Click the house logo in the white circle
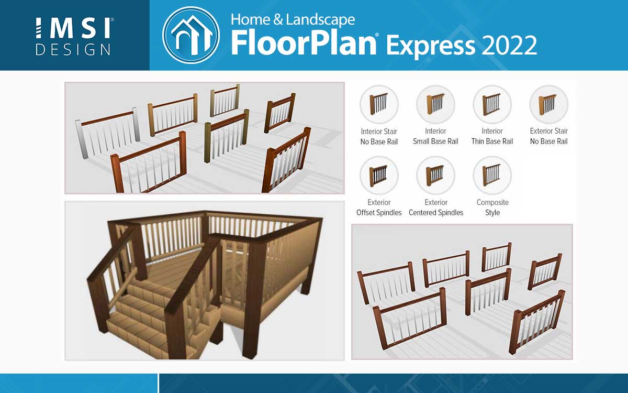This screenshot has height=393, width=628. tap(191, 35)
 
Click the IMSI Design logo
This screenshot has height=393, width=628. tap(74, 37)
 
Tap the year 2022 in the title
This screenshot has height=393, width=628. tap(509, 46)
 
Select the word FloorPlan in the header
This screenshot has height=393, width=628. tap(304, 42)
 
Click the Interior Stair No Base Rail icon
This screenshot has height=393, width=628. tap(379, 104)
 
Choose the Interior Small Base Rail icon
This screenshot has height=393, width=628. tap(435, 104)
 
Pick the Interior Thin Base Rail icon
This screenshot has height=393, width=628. tap(492, 104)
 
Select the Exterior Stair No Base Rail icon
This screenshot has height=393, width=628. tap(549, 104)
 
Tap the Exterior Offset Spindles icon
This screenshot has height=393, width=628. tap(379, 176)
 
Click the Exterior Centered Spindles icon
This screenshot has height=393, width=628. tap(435, 176)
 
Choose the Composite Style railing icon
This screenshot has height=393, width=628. tap(492, 176)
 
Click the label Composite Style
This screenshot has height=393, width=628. tap(492, 208)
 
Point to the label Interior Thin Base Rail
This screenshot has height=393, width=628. tap(492, 136)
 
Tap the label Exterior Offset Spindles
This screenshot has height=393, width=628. tap(379, 208)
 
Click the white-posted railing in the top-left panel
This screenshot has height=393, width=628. tap(108, 132)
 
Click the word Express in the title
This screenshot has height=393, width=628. tap(430, 46)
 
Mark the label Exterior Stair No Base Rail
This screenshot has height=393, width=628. tap(549, 136)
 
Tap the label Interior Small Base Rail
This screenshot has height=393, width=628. tap(435, 136)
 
